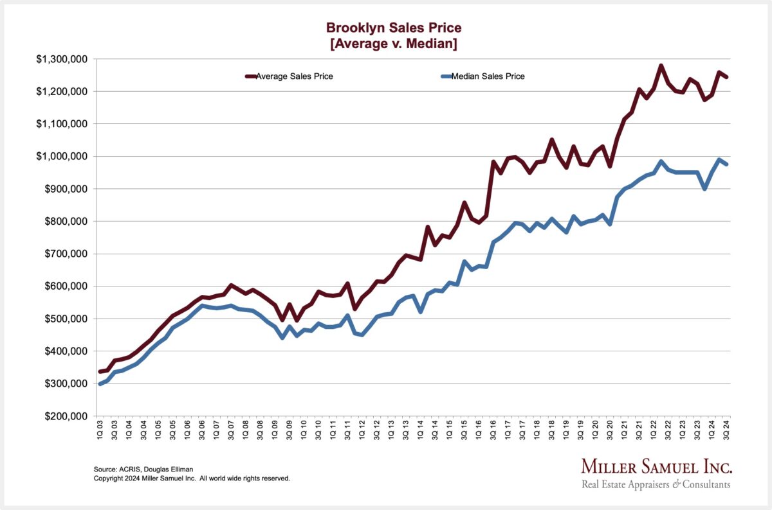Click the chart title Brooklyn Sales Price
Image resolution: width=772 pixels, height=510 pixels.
(x=394, y=28)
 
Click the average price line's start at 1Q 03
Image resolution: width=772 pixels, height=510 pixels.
(x=100, y=372)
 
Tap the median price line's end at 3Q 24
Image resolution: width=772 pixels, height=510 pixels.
(x=726, y=164)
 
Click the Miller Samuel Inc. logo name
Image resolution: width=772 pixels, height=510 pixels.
(x=656, y=467)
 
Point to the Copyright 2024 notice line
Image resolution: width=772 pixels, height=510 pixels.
(x=192, y=479)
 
